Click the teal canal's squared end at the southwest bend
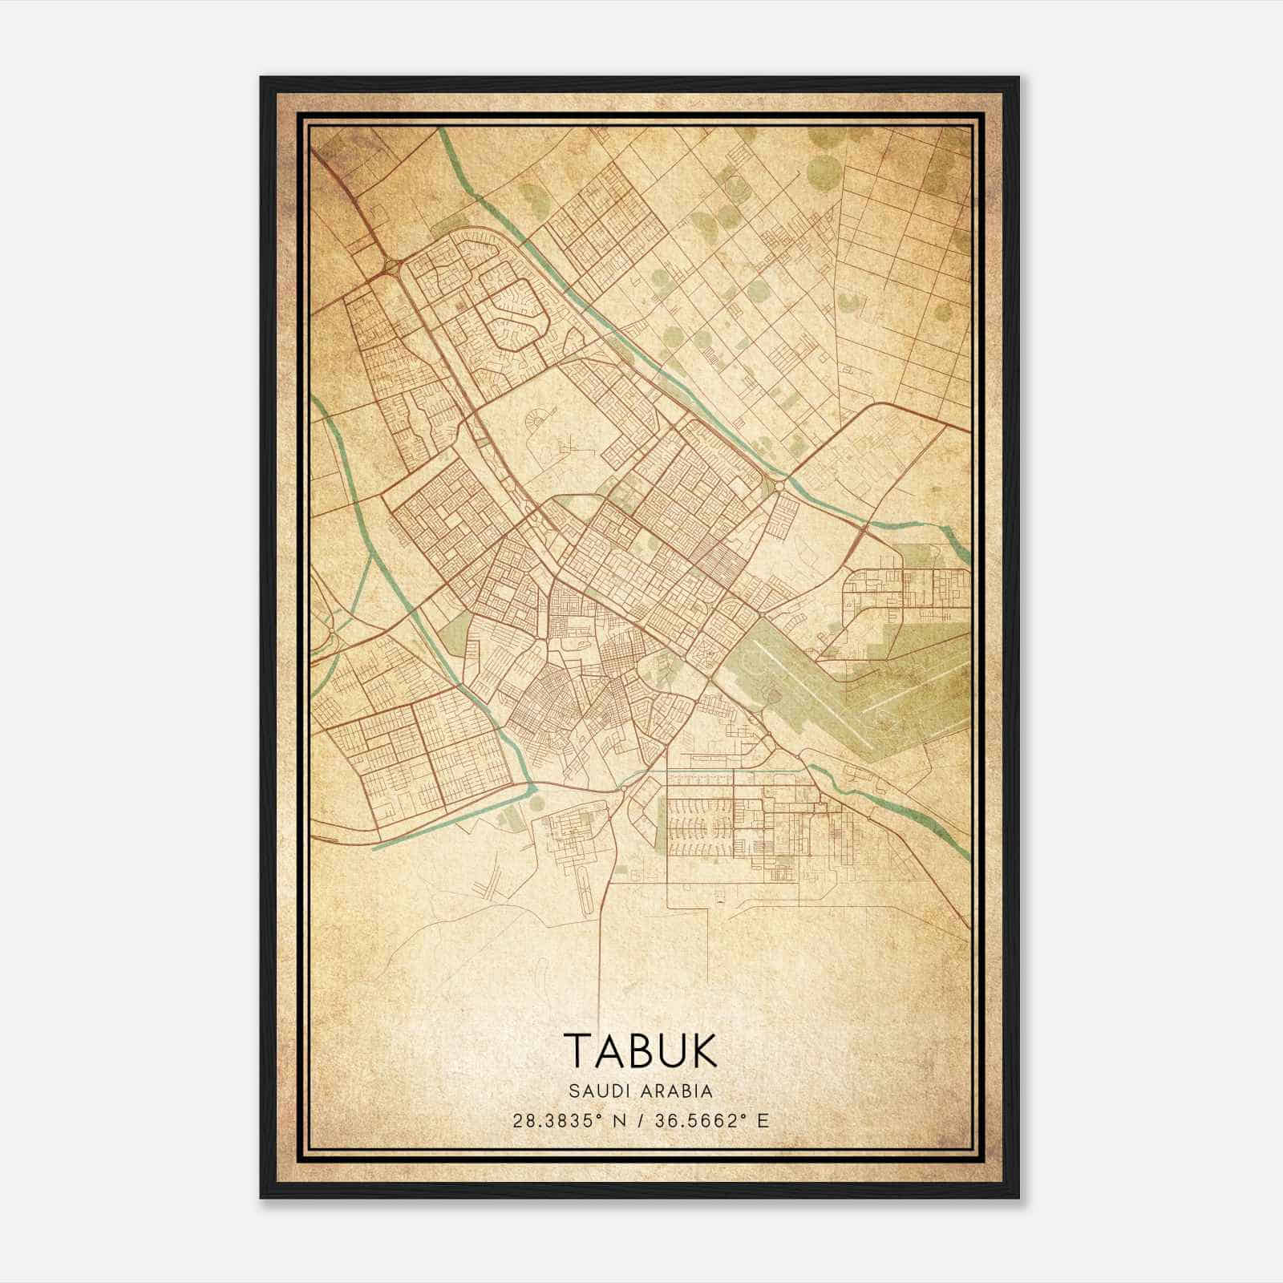click(532, 792)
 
